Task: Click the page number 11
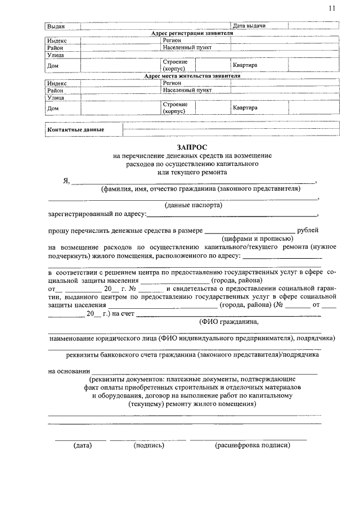[332, 8]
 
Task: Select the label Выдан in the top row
[56, 26]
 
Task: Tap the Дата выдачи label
[249, 26]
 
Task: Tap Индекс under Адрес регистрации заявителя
[57, 41]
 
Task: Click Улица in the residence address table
[56, 97]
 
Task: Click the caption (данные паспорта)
[193, 206]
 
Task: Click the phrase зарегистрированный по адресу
[97, 214]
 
